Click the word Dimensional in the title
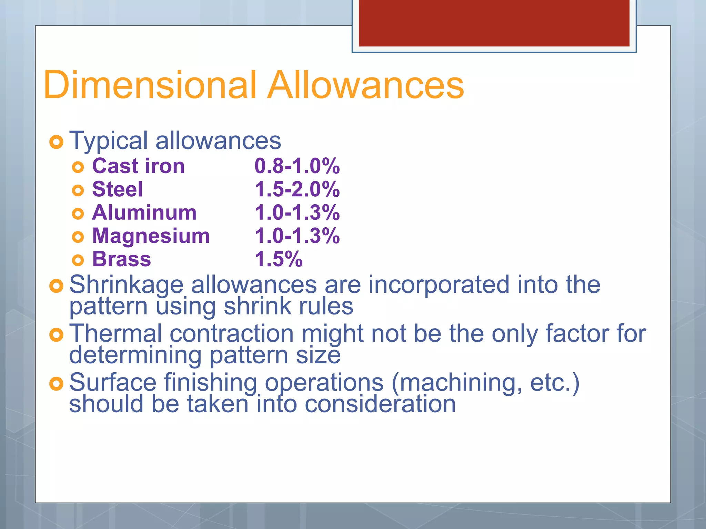pyautogui.click(x=150, y=85)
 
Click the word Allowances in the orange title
pyautogui.click(x=366, y=85)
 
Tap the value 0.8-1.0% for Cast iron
pyautogui.click(x=297, y=166)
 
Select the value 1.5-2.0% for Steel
pyautogui.click(x=297, y=189)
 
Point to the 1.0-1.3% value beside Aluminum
pyautogui.click(x=297, y=212)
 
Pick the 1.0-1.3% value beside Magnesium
pyautogui.click(x=297, y=236)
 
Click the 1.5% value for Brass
pyautogui.click(x=279, y=259)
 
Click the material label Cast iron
pyautogui.click(x=139, y=166)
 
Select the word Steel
pyautogui.click(x=117, y=189)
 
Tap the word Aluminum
pyautogui.click(x=144, y=212)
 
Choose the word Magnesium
pyautogui.click(x=151, y=236)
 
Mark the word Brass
pyautogui.click(x=121, y=259)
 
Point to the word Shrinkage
pyautogui.click(x=126, y=285)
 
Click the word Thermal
pyautogui.click(x=115, y=334)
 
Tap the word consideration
pyautogui.click(x=380, y=404)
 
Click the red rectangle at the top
pyautogui.click(x=494, y=23)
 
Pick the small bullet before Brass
pyautogui.click(x=78, y=260)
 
